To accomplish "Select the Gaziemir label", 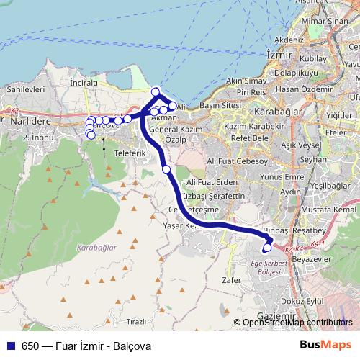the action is coord(276,316).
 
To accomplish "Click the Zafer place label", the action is coord(232,280).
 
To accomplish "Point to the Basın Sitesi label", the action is coord(220,106).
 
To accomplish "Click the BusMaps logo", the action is coord(325,345).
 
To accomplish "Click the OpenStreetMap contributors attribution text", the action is coord(297,323).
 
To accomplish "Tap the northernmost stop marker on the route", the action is coord(155,91).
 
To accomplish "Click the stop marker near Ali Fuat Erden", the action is coord(166,169).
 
